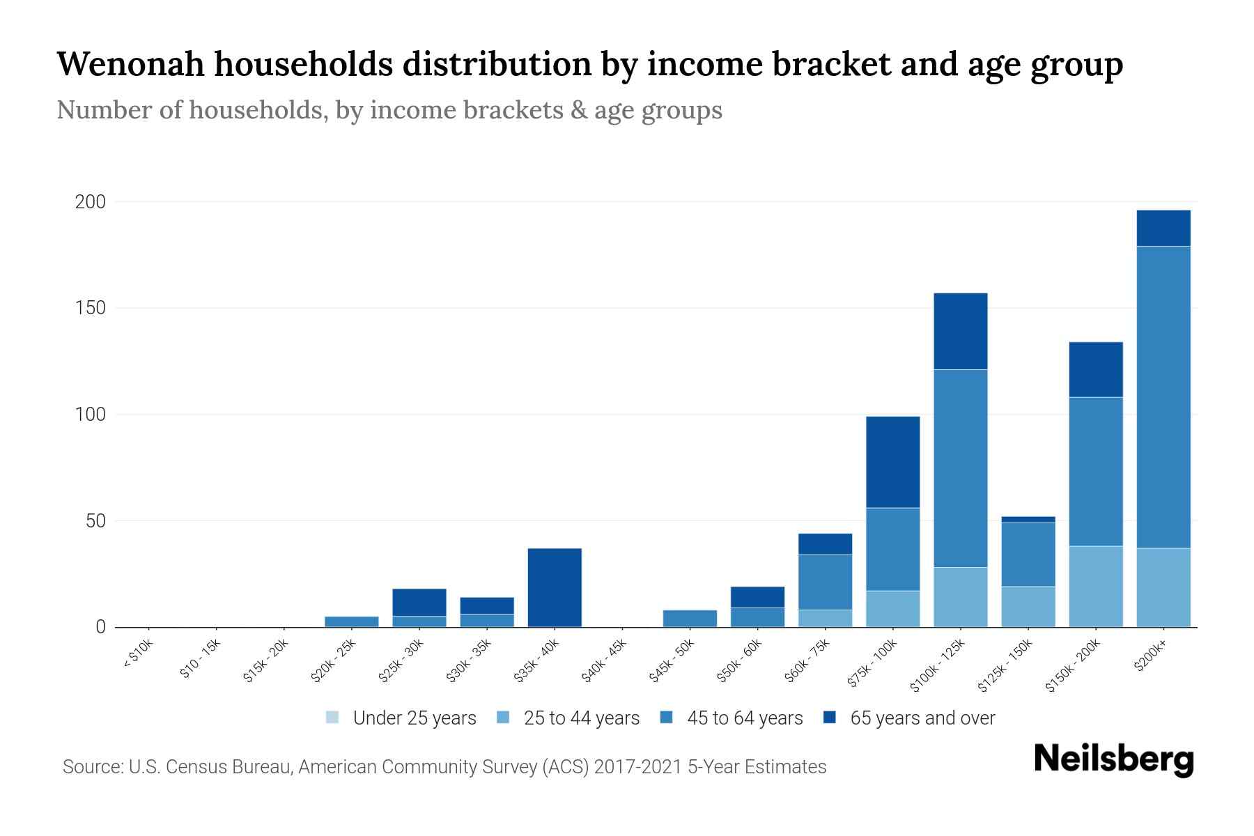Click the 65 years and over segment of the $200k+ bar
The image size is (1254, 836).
[x=1163, y=228]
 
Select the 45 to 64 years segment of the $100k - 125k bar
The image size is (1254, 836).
[x=960, y=468]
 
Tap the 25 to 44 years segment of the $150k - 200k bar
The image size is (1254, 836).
[x=1095, y=587]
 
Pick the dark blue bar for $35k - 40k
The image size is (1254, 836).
[x=555, y=587]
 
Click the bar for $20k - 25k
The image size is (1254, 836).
[x=351, y=621]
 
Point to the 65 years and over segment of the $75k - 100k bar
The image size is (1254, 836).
[x=892, y=462]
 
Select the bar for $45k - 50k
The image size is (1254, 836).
[x=690, y=619]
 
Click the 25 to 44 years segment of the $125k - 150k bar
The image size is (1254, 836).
[x=1028, y=607]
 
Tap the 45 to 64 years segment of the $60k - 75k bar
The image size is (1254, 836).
[x=825, y=582]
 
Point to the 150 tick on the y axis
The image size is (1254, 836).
[x=91, y=308]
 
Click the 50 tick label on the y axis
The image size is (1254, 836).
[x=95, y=521]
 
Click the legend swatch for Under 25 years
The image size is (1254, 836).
[x=332, y=718]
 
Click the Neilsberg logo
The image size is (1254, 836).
[x=1113, y=759]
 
